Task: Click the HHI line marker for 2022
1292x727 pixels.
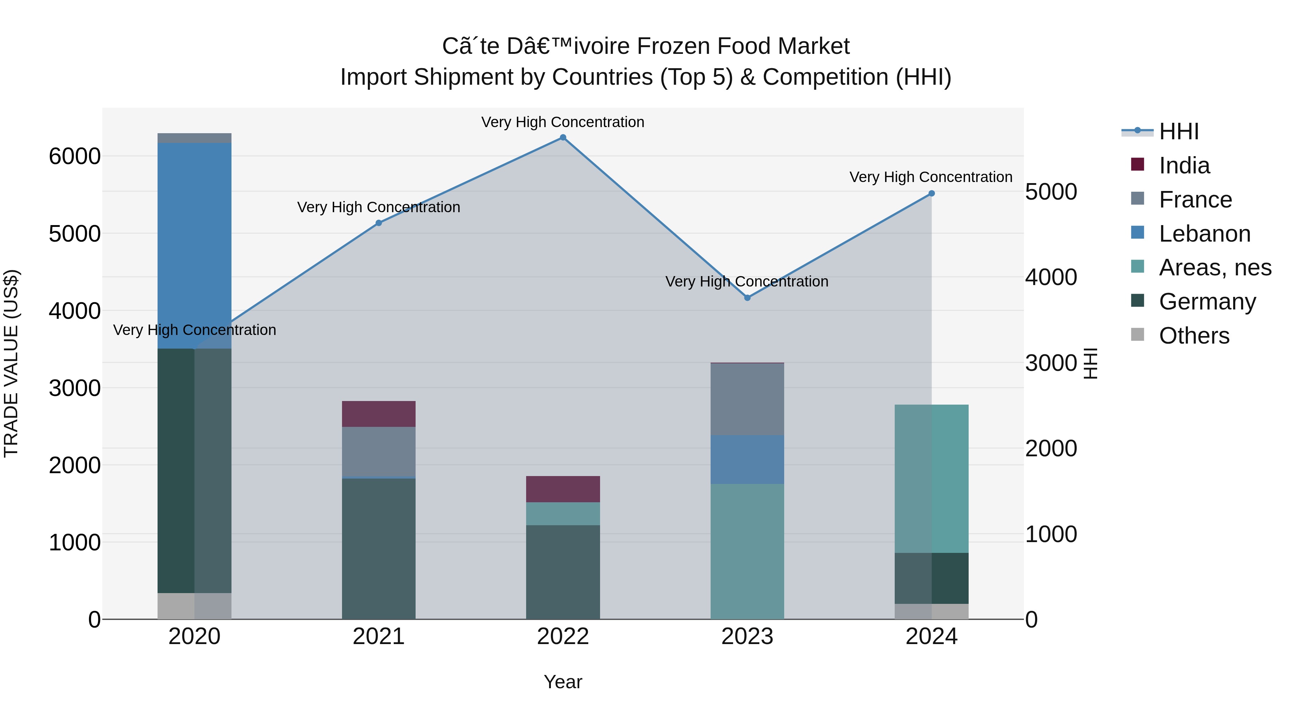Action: click(563, 138)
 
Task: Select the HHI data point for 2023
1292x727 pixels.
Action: click(747, 298)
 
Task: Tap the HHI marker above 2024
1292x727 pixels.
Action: click(931, 193)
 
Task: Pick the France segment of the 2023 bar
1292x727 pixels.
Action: click(747, 399)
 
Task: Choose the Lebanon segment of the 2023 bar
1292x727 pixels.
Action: click(747, 459)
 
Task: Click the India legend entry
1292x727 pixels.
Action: click(1184, 166)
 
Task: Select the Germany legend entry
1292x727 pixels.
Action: click(1206, 302)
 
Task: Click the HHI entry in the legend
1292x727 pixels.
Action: click(1178, 131)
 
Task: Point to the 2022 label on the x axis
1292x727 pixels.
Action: click(563, 637)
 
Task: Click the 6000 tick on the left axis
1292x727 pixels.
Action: click(75, 157)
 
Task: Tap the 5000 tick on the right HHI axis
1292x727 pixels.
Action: click(1051, 192)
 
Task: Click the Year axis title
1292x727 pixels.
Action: click(563, 682)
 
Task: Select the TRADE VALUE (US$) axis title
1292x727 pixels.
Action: click(11, 363)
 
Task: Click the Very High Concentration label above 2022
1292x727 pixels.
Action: click(563, 122)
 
